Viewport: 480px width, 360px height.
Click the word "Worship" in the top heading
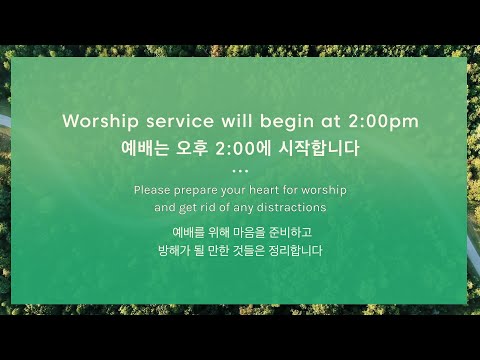(x=98, y=121)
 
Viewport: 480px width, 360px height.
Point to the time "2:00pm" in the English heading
(x=384, y=121)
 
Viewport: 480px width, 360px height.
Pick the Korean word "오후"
(x=193, y=148)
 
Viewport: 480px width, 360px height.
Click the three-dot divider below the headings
(x=240, y=170)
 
